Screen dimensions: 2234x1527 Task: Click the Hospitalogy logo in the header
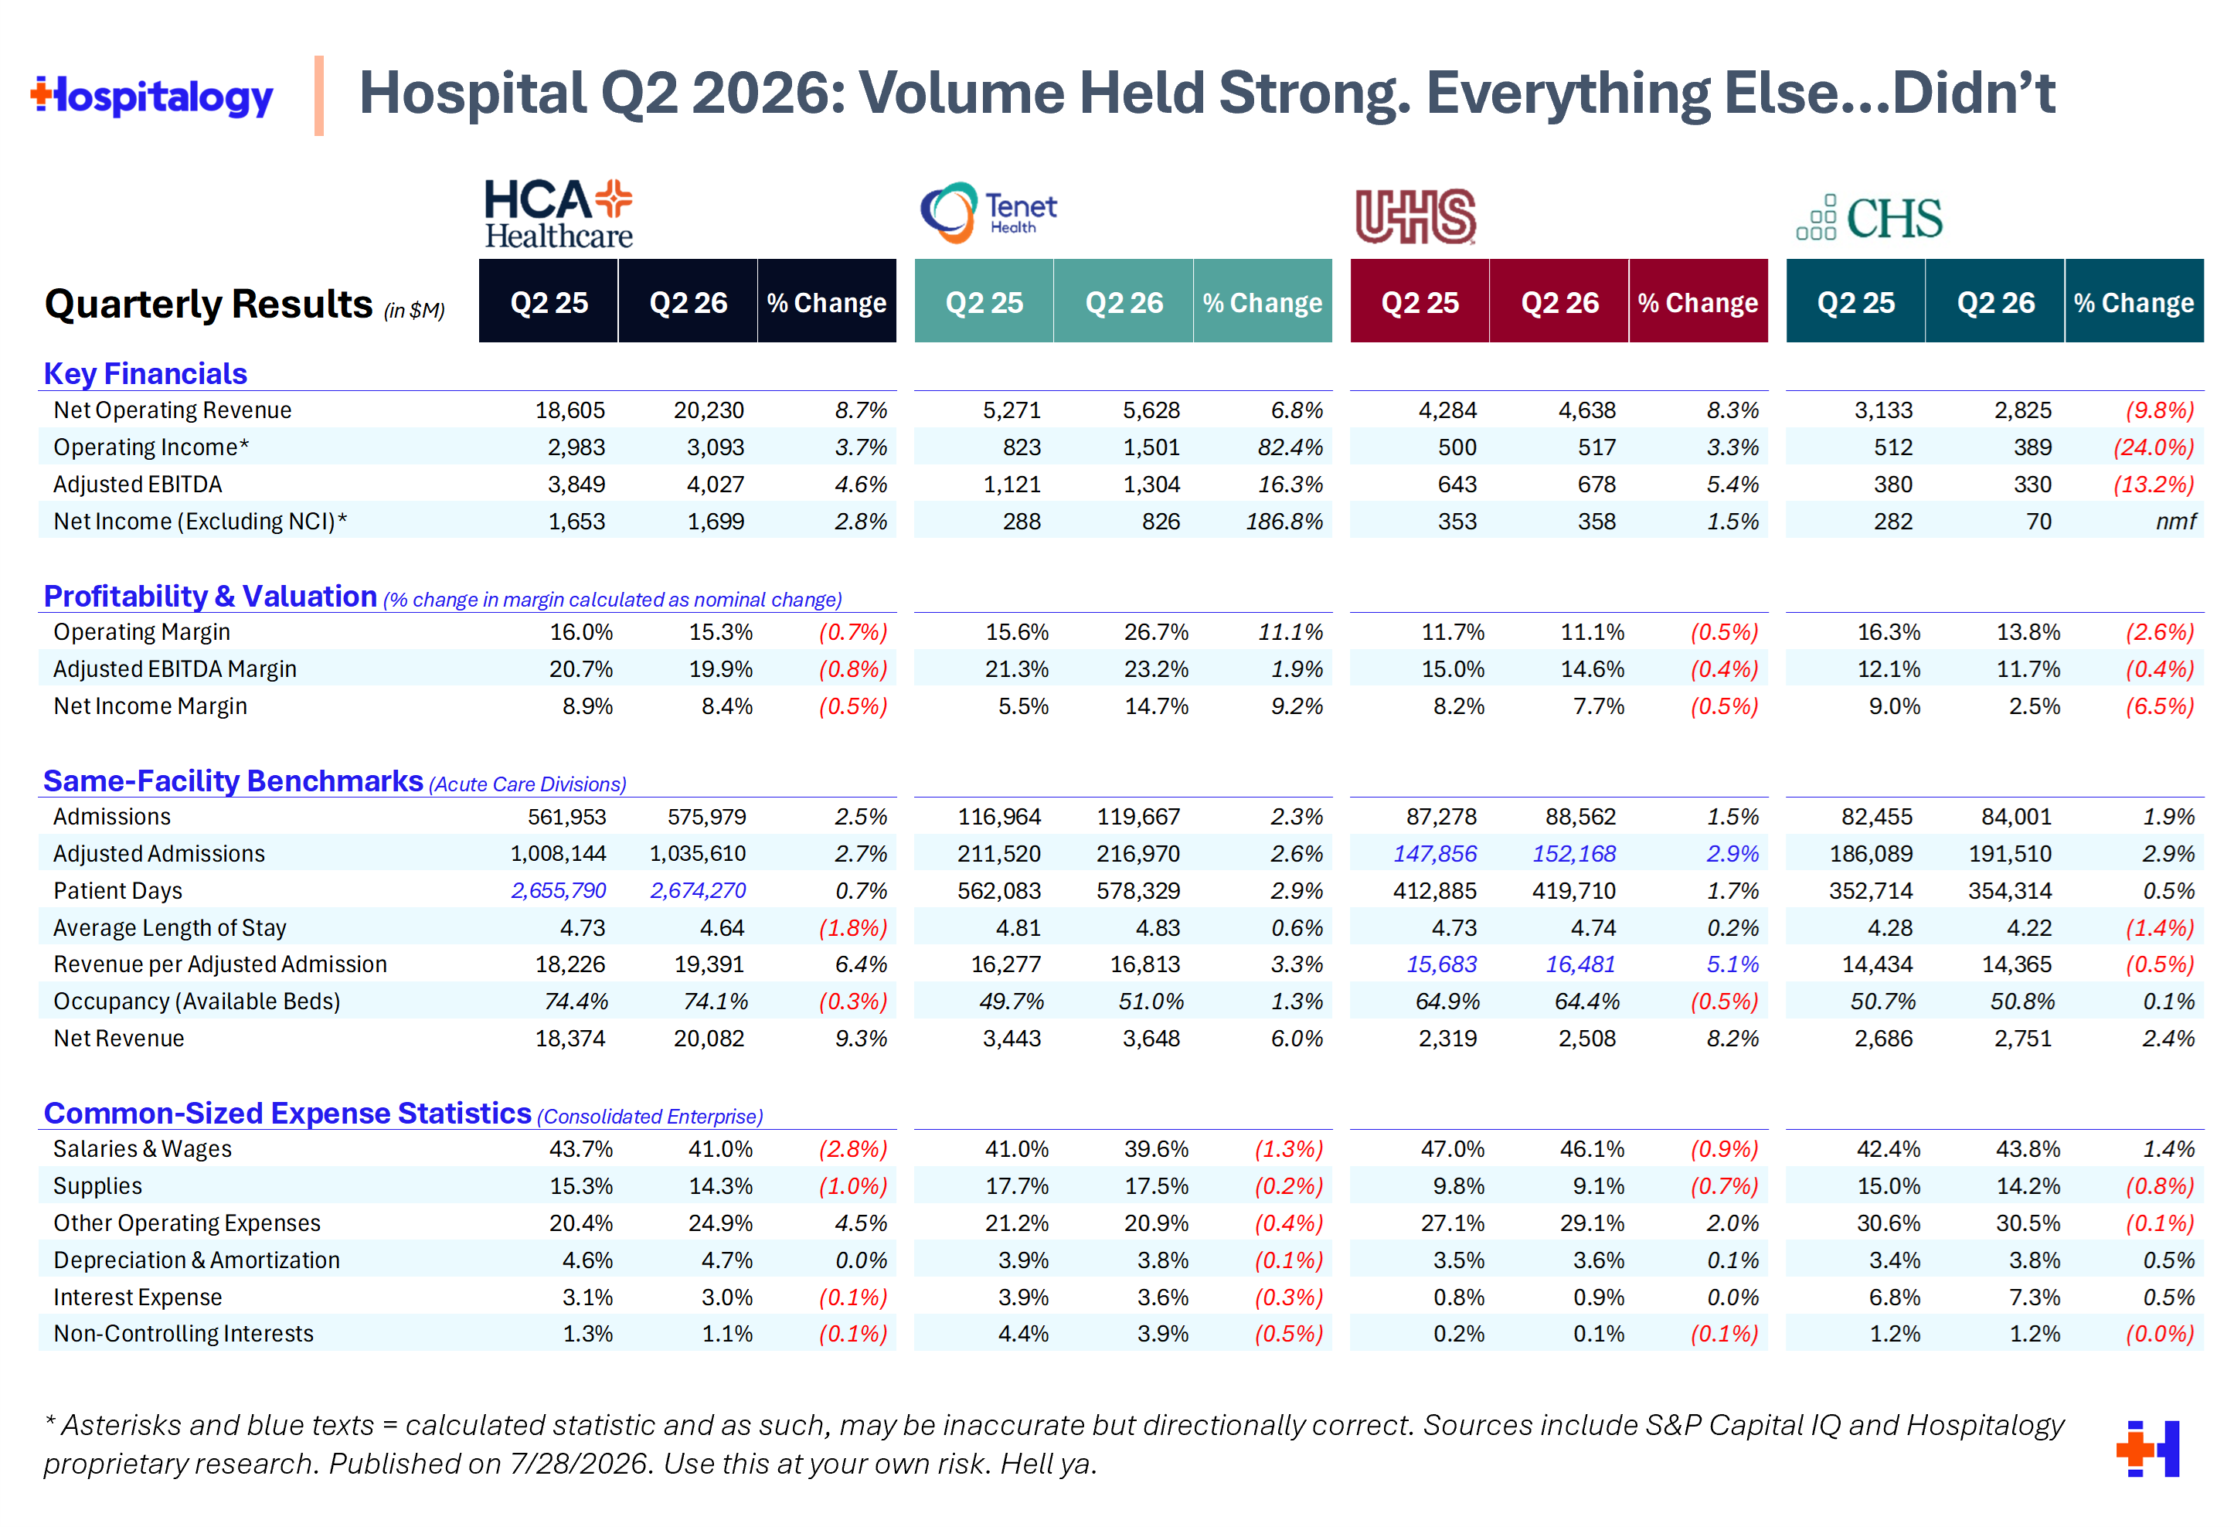point(152,96)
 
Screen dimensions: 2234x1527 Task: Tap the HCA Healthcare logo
point(559,213)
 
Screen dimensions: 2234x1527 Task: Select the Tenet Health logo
point(988,213)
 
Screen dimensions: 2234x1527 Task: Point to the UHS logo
point(1415,216)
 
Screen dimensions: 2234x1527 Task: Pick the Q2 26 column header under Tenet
point(1124,303)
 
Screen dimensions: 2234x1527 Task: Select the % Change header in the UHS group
point(1698,303)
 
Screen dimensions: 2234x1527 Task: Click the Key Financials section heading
point(145,373)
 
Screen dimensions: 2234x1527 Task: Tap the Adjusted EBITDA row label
point(138,485)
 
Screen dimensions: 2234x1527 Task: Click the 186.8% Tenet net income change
point(1284,521)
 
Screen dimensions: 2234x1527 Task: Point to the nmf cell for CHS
point(2175,521)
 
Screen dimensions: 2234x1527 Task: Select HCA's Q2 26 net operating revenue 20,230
point(709,410)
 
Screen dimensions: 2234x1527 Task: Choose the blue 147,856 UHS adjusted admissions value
point(1435,854)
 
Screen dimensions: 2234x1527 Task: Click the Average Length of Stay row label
point(170,928)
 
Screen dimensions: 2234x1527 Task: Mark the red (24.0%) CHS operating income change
point(2154,447)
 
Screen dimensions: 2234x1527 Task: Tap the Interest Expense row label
point(138,1297)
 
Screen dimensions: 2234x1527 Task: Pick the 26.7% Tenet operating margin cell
point(1157,632)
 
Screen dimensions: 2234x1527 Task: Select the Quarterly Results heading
point(209,304)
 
